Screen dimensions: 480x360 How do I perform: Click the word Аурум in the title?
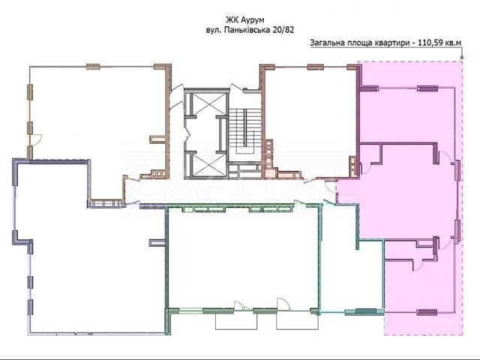tap(253, 20)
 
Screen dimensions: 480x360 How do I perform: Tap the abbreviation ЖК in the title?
tap(232, 20)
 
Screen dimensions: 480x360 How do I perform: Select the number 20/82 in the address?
tap(283, 30)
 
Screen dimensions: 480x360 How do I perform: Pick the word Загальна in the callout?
tap(327, 43)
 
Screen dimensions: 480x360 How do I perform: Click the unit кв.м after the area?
tap(453, 43)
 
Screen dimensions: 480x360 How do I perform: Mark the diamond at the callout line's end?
tap(462, 57)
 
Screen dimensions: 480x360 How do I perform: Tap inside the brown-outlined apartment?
tap(98, 119)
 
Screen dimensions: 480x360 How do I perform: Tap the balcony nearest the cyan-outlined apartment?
tap(297, 322)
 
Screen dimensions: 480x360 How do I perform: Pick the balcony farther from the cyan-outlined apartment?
tap(236, 322)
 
